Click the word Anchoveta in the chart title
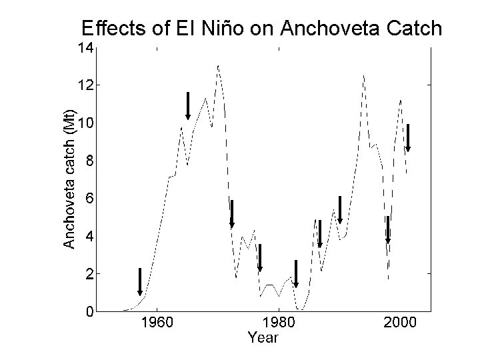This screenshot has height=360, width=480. pyautogui.click(x=330, y=28)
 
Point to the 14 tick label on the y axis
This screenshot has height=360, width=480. pyautogui.click(x=85, y=48)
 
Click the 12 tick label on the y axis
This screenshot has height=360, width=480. pyautogui.click(x=85, y=85)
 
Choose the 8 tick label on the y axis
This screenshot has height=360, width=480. pyautogui.click(x=89, y=161)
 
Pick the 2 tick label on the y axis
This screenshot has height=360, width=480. pyautogui.click(x=89, y=274)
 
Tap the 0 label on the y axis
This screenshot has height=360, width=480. pyautogui.click(x=89, y=311)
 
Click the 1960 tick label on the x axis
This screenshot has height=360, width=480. pyautogui.click(x=157, y=323)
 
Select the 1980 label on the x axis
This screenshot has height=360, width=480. pyautogui.click(x=279, y=323)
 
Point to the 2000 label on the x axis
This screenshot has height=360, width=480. pyautogui.click(x=401, y=323)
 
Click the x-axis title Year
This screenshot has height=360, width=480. pyautogui.click(x=263, y=337)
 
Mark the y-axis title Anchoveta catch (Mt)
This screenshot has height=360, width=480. pyautogui.click(x=69, y=179)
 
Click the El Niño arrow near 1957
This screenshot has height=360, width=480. pyautogui.click(x=140, y=282)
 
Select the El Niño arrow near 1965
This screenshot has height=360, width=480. pyautogui.click(x=188, y=106)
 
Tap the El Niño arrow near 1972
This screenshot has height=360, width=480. pyautogui.click(x=232, y=214)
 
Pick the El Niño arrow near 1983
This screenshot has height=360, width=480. pyautogui.click(x=296, y=274)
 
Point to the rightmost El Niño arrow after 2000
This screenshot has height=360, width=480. pyautogui.click(x=408, y=138)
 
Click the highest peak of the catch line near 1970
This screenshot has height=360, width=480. pyautogui.click(x=218, y=65)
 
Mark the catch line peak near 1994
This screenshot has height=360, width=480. pyautogui.click(x=363, y=75)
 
